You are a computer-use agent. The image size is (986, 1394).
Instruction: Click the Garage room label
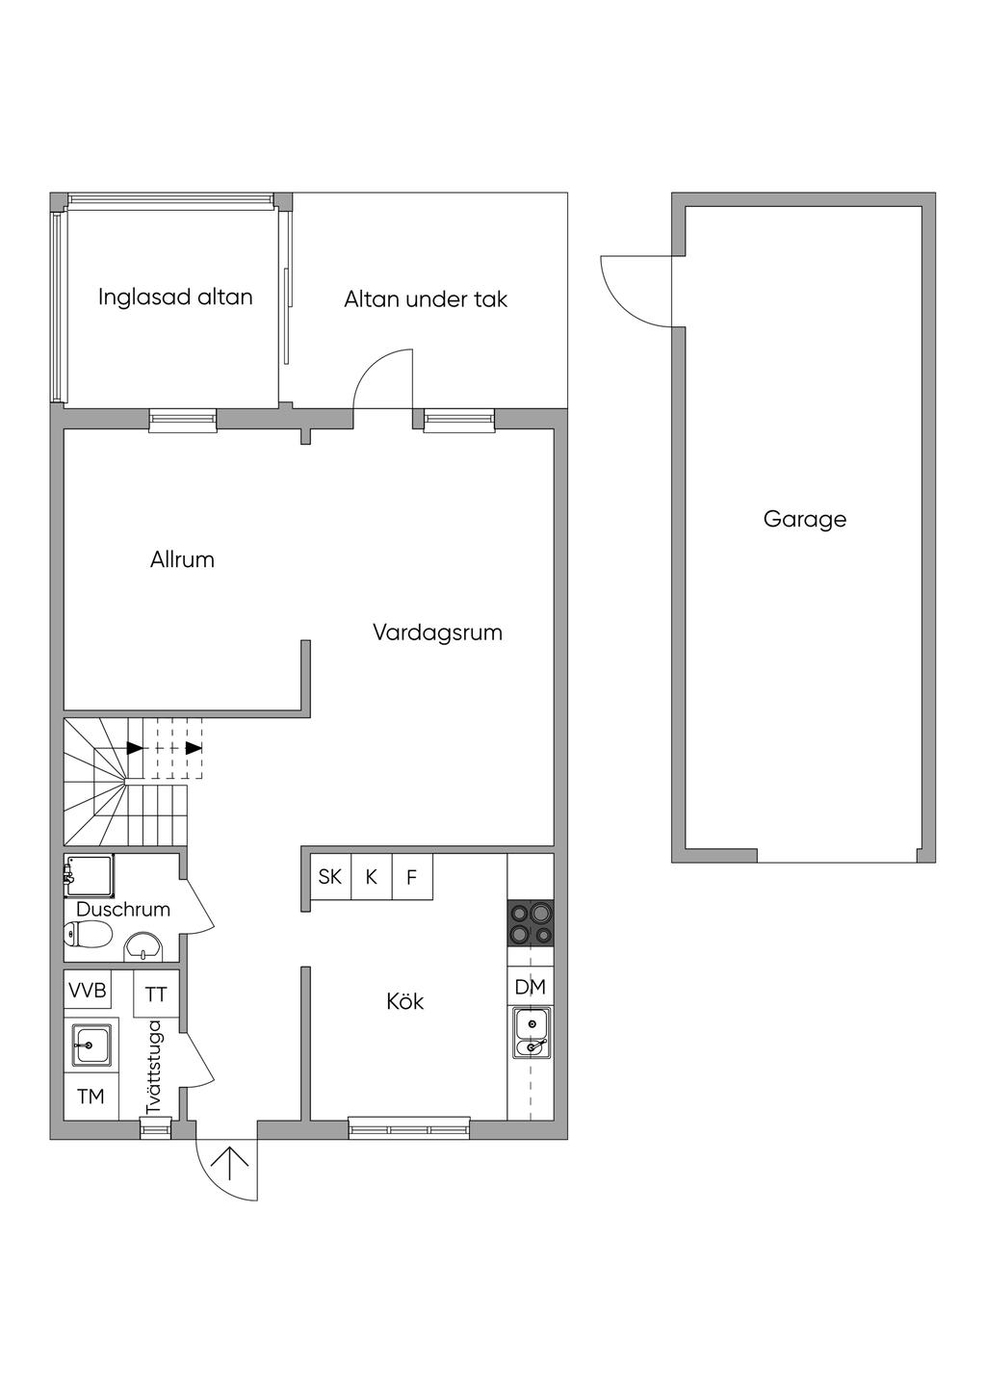pos(804,520)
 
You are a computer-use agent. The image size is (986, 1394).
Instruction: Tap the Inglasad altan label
pos(175,297)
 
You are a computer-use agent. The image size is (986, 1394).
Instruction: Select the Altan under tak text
pos(426,299)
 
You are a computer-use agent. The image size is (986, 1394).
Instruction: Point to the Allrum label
pos(182,559)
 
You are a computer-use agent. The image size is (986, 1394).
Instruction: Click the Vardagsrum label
pos(437,633)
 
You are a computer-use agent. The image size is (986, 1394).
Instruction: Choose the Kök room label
pos(404,1002)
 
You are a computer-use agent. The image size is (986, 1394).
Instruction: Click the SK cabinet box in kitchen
pos(330,877)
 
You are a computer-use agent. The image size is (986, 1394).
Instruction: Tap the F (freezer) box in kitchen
pos(412,877)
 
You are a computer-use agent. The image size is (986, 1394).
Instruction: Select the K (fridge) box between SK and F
pos(371,877)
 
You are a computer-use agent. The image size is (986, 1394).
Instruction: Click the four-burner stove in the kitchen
pos(531,923)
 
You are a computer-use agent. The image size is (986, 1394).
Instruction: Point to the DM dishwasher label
pos(531,988)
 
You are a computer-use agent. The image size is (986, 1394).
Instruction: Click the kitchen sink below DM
pos(531,1033)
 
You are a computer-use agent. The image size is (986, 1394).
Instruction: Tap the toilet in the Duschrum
pos(88,935)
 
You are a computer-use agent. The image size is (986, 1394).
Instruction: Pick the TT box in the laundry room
pos(156,994)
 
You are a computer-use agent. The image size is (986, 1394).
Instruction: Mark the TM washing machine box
pos(91,1097)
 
